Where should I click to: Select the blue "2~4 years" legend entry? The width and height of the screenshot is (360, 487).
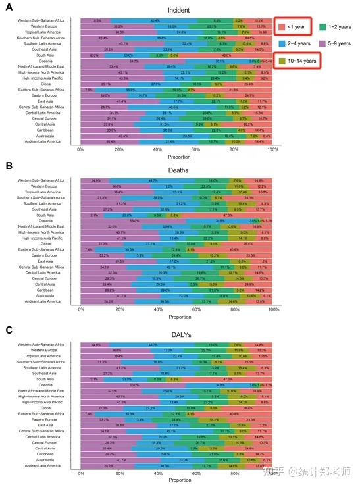[x=305, y=43]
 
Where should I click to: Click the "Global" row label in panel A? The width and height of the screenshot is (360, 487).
[x=69, y=84]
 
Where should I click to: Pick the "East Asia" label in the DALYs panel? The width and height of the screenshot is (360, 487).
[x=67, y=407]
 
